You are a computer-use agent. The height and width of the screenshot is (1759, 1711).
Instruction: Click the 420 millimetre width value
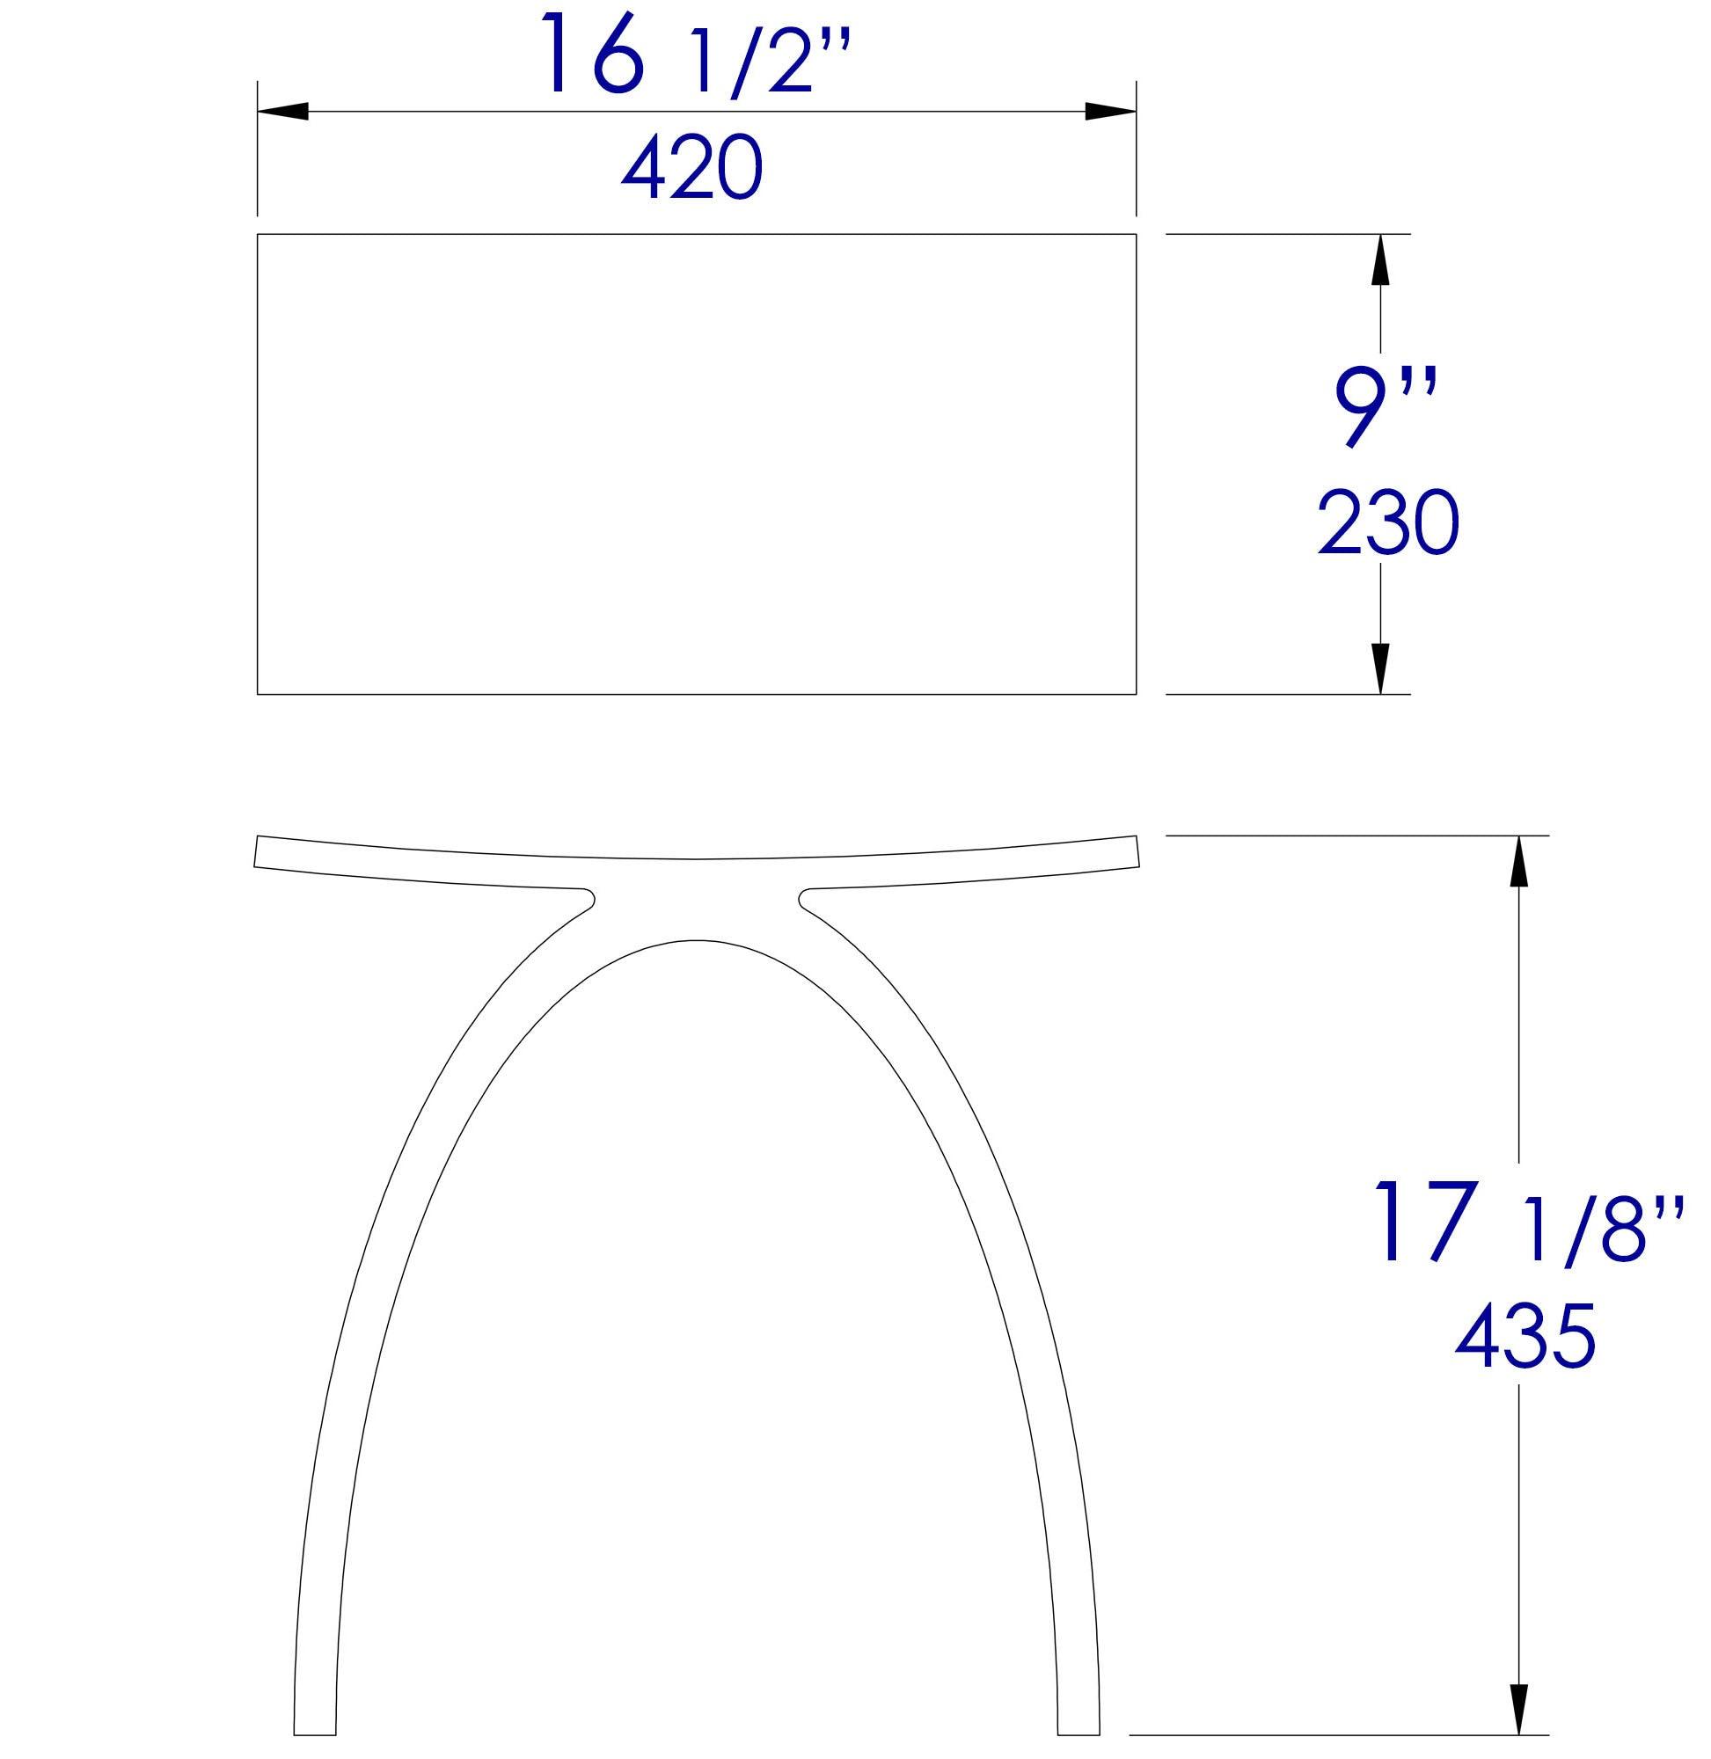click(691, 168)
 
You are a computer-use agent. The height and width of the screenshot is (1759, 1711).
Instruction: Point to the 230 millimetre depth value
click(1387, 522)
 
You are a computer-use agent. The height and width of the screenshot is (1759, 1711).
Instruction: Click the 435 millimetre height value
click(1526, 1337)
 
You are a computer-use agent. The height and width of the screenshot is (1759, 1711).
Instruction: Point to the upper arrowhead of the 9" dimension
click(1381, 259)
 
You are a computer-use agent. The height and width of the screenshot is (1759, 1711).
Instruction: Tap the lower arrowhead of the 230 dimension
click(1381, 668)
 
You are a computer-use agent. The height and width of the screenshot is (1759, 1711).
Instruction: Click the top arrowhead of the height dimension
click(1518, 863)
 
